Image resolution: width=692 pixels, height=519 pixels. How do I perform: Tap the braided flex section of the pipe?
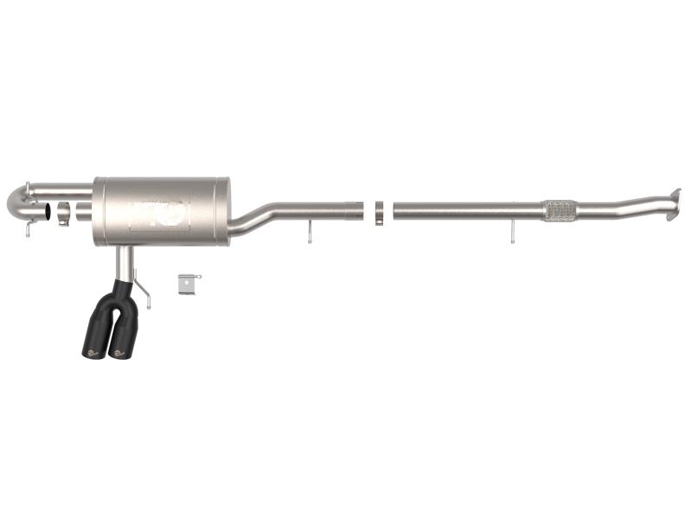click(x=560, y=210)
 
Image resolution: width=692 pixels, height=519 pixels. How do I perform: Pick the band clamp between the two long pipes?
click(x=379, y=213)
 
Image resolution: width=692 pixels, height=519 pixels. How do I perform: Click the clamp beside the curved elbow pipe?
click(x=63, y=213)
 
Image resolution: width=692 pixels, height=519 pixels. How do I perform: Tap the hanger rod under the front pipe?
click(x=513, y=231)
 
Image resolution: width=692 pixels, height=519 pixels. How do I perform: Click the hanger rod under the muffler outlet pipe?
click(x=309, y=232)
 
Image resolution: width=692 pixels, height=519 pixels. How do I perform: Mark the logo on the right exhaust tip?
click(x=119, y=352)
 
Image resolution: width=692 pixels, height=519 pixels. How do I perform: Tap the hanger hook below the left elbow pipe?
click(x=29, y=228)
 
